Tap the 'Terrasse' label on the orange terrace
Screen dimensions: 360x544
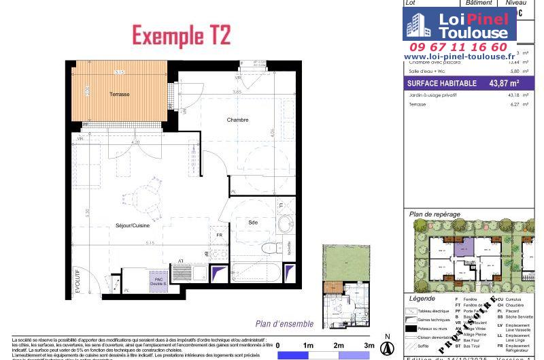click(120, 94)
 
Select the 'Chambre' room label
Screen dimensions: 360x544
click(237, 120)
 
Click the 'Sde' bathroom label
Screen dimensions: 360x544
click(252, 222)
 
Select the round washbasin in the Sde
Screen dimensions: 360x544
click(285, 224)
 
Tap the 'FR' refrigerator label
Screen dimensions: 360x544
click(219, 235)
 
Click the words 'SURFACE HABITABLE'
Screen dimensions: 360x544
click(437, 84)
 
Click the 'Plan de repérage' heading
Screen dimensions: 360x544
click(435, 214)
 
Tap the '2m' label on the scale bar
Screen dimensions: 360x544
click(339, 345)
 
